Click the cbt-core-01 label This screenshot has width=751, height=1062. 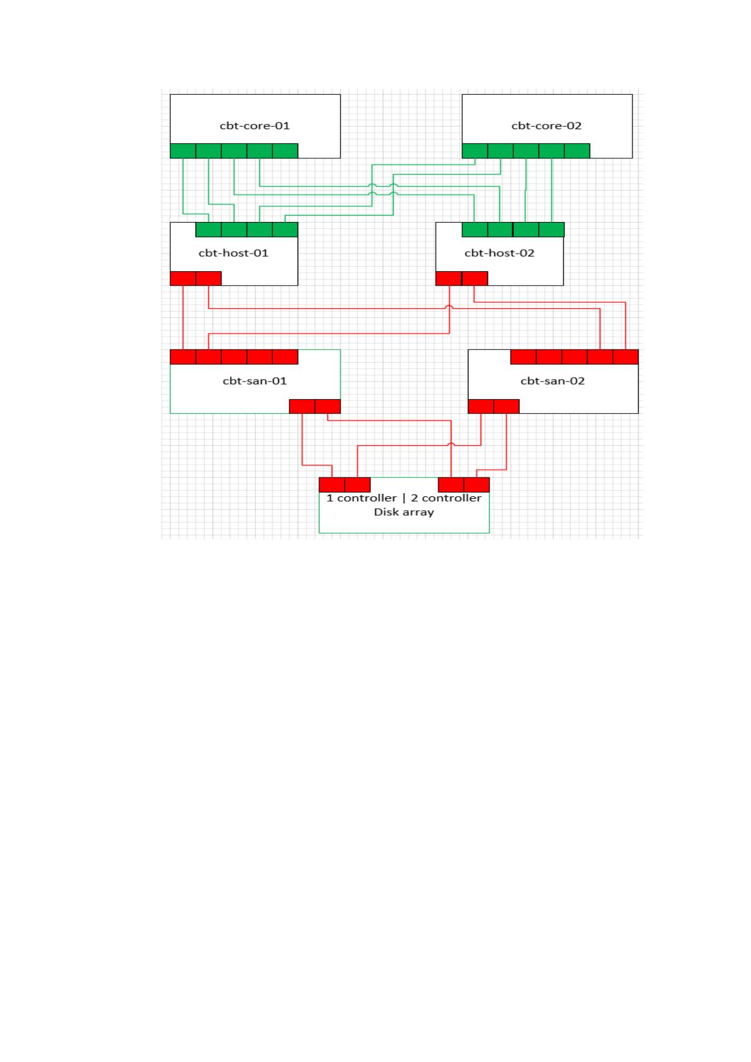click(255, 125)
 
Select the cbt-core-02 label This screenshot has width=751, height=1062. click(546, 125)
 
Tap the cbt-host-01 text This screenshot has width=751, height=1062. click(233, 253)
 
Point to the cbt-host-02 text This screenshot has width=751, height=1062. click(499, 253)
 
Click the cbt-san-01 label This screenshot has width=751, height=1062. click(255, 381)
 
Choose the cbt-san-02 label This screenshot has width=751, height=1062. click(552, 381)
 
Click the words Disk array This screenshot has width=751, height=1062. click(404, 512)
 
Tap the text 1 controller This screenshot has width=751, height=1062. click(361, 498)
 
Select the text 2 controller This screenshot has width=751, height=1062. click(446, 498)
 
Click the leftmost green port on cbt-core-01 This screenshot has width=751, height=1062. click(183, 151)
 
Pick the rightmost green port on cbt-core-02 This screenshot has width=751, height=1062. click(577, 151)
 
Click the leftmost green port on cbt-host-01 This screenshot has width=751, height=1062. click(209, 230)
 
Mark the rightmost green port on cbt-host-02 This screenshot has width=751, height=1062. click(551, 230)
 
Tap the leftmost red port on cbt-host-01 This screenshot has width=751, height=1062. click(183, 278)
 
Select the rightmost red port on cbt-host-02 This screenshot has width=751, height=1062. click(475, 278)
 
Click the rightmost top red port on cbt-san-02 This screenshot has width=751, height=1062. click(626, 357)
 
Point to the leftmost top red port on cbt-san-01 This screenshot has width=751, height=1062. click(183, 357)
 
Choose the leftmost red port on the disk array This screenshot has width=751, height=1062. click(332, 485)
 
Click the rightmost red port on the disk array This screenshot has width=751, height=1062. click(477, 485)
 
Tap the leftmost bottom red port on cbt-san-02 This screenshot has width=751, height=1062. click(480, 406)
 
